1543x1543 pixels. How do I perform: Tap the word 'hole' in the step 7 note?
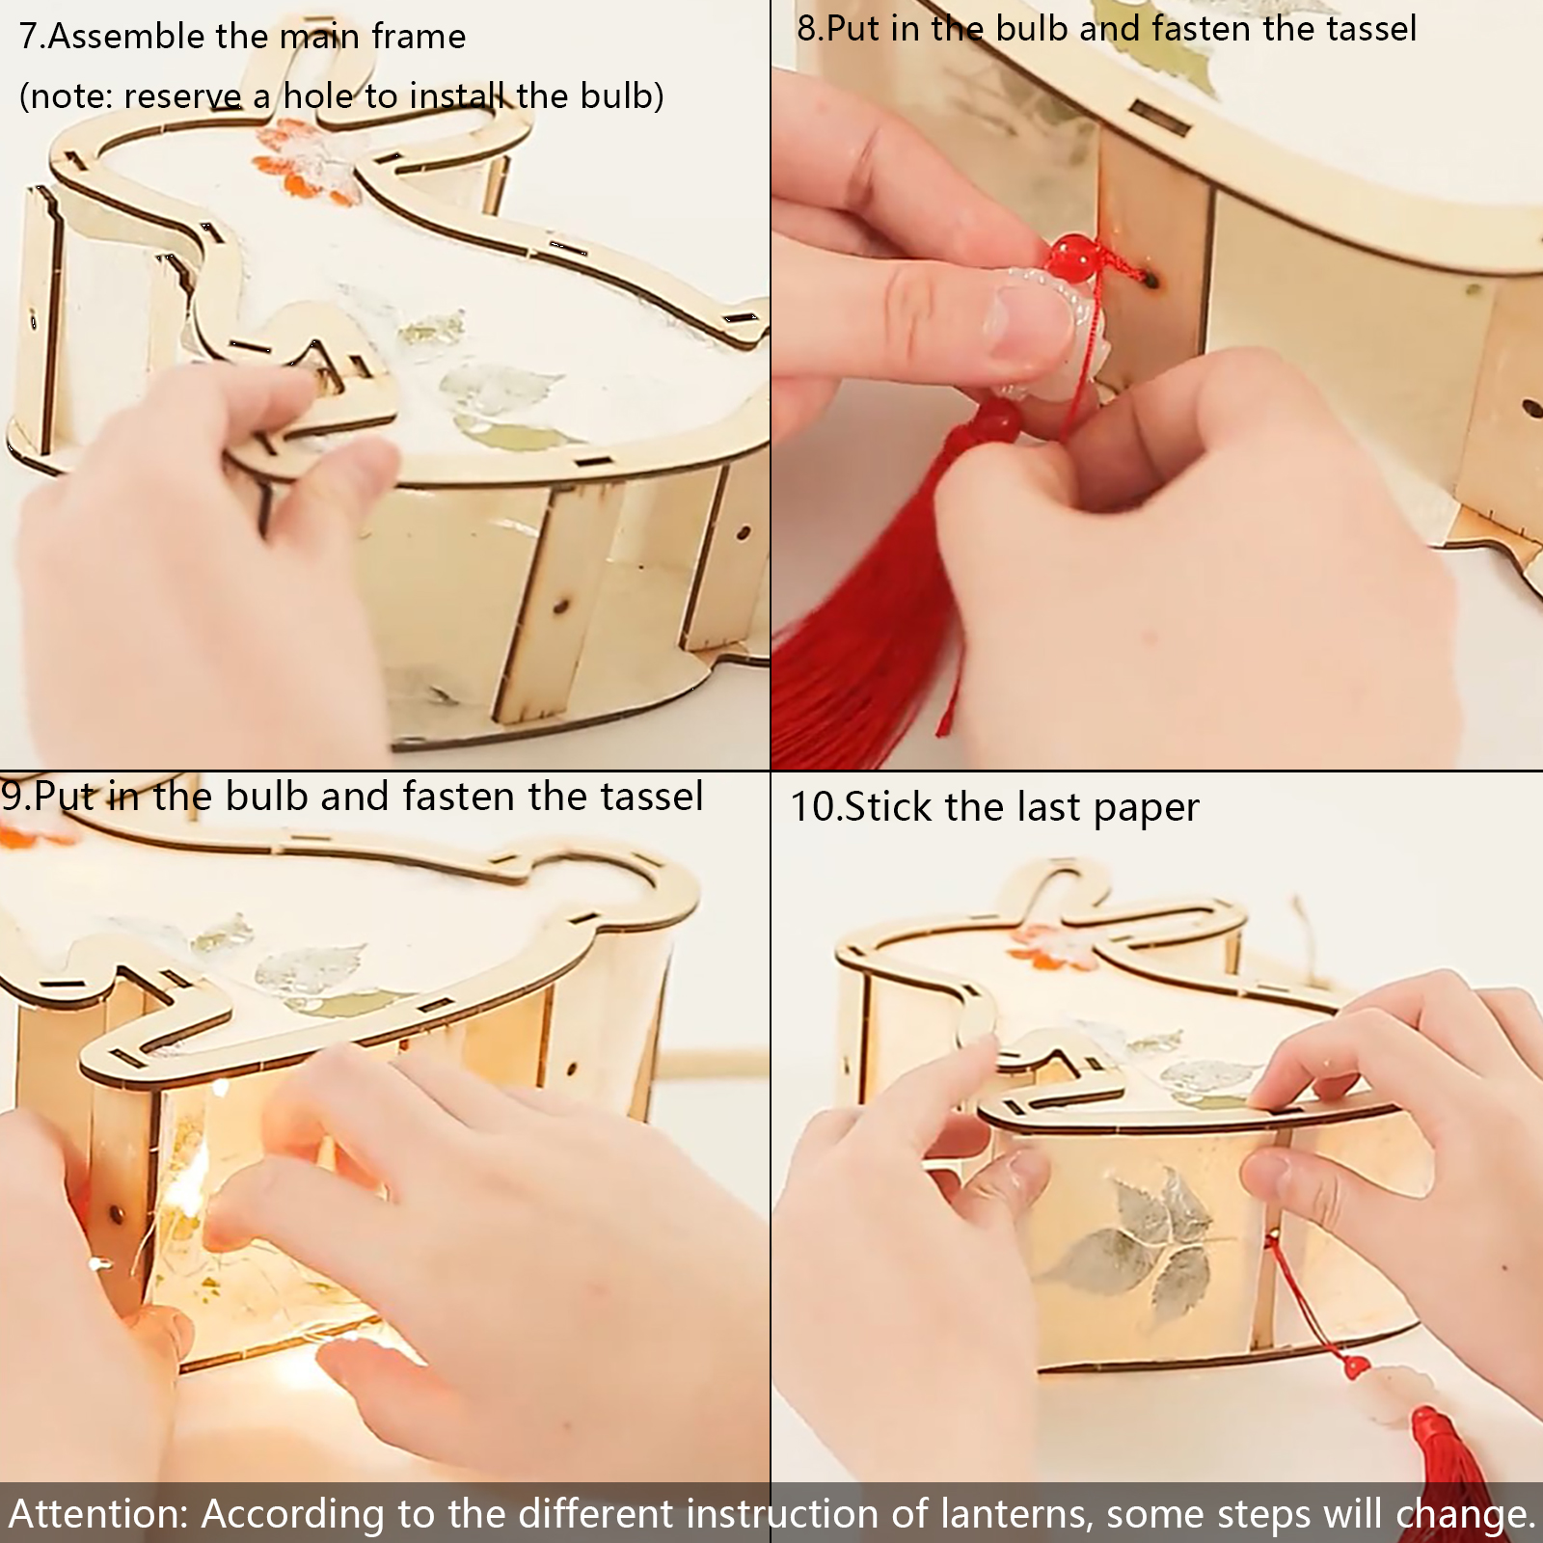319,95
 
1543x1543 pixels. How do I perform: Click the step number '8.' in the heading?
809,28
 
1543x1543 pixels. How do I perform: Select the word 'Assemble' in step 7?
127,37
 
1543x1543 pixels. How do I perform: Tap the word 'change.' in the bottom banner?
1465,1515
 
